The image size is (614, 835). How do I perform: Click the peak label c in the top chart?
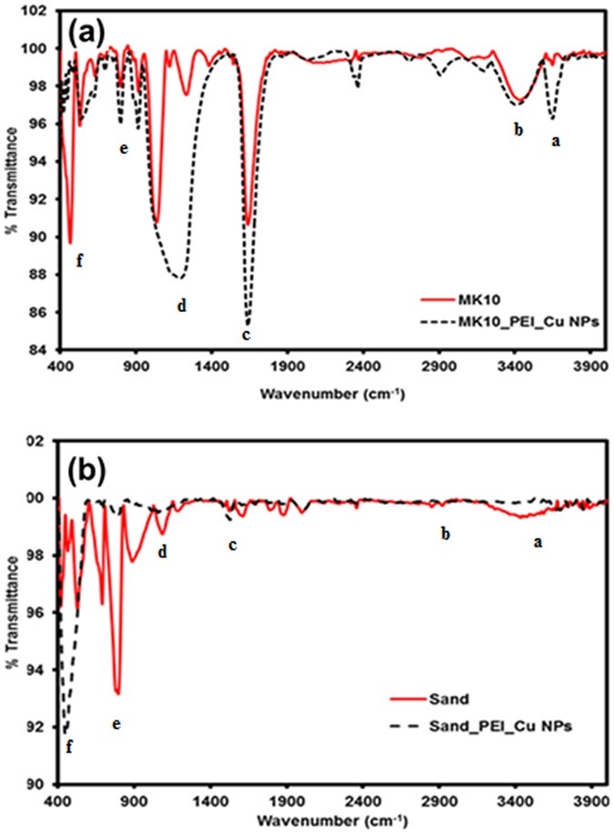pos(246,335)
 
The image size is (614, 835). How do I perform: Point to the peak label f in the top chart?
pos(80,261)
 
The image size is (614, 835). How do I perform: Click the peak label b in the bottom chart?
pos(445,533)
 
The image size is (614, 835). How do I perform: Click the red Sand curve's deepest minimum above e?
pos(117,693)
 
